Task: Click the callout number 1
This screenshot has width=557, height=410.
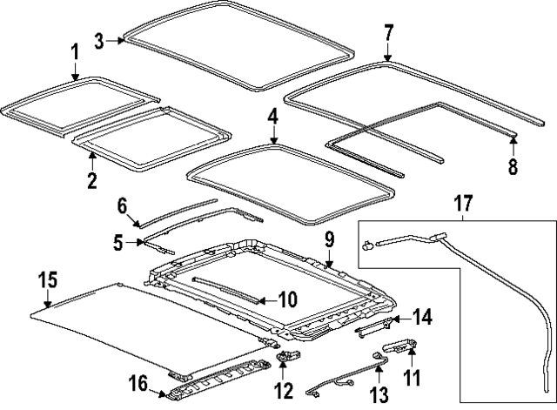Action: click(74, 52)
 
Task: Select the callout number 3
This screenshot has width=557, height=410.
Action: click(99, 40)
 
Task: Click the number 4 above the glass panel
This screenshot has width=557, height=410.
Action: click(272, 116)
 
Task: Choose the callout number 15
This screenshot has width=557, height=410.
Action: click(49, 279)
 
